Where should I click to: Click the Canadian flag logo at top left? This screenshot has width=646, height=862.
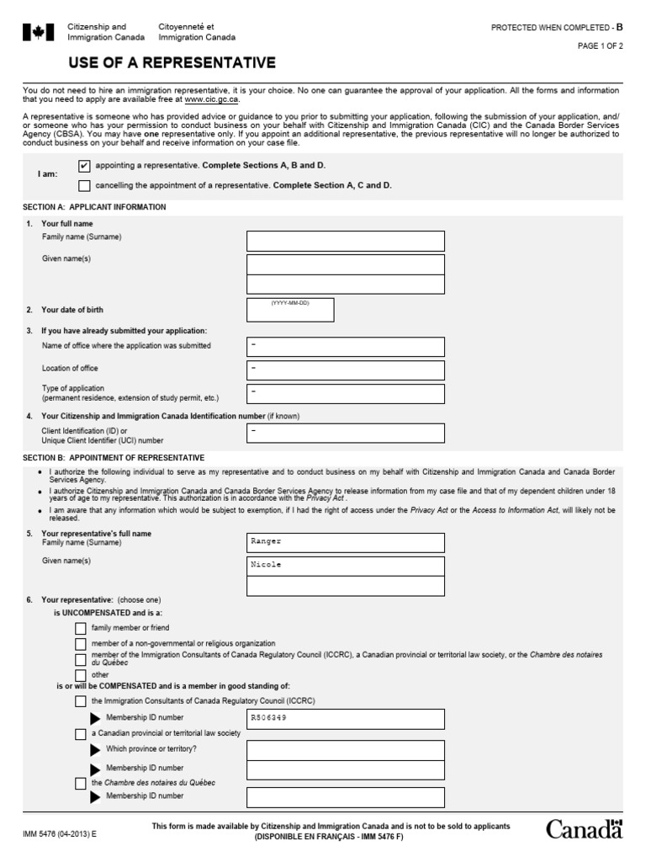pos(36,32)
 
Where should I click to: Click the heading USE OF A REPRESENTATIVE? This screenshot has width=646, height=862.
pos(172,62)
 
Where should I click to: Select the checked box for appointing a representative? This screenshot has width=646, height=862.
pos(83,166)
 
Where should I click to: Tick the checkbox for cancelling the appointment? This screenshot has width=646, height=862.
pos(83,185)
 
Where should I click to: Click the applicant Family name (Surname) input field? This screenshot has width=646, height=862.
pos(345,242)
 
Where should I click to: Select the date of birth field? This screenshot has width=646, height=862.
pos(290,310)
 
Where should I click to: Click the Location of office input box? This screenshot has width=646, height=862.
pos(345,370)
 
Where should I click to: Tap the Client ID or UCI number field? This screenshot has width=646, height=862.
pos(345,433)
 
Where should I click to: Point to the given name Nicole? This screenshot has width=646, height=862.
pos(266,565)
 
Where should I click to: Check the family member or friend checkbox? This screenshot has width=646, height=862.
pos(80,628)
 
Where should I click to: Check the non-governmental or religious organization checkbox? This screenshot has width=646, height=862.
pos(80,643)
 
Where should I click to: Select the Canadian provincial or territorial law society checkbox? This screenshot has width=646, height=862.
pos(80,734)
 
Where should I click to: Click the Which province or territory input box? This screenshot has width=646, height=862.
pos(345,750)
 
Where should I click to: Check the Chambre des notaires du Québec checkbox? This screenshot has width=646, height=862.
pos(80,783)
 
